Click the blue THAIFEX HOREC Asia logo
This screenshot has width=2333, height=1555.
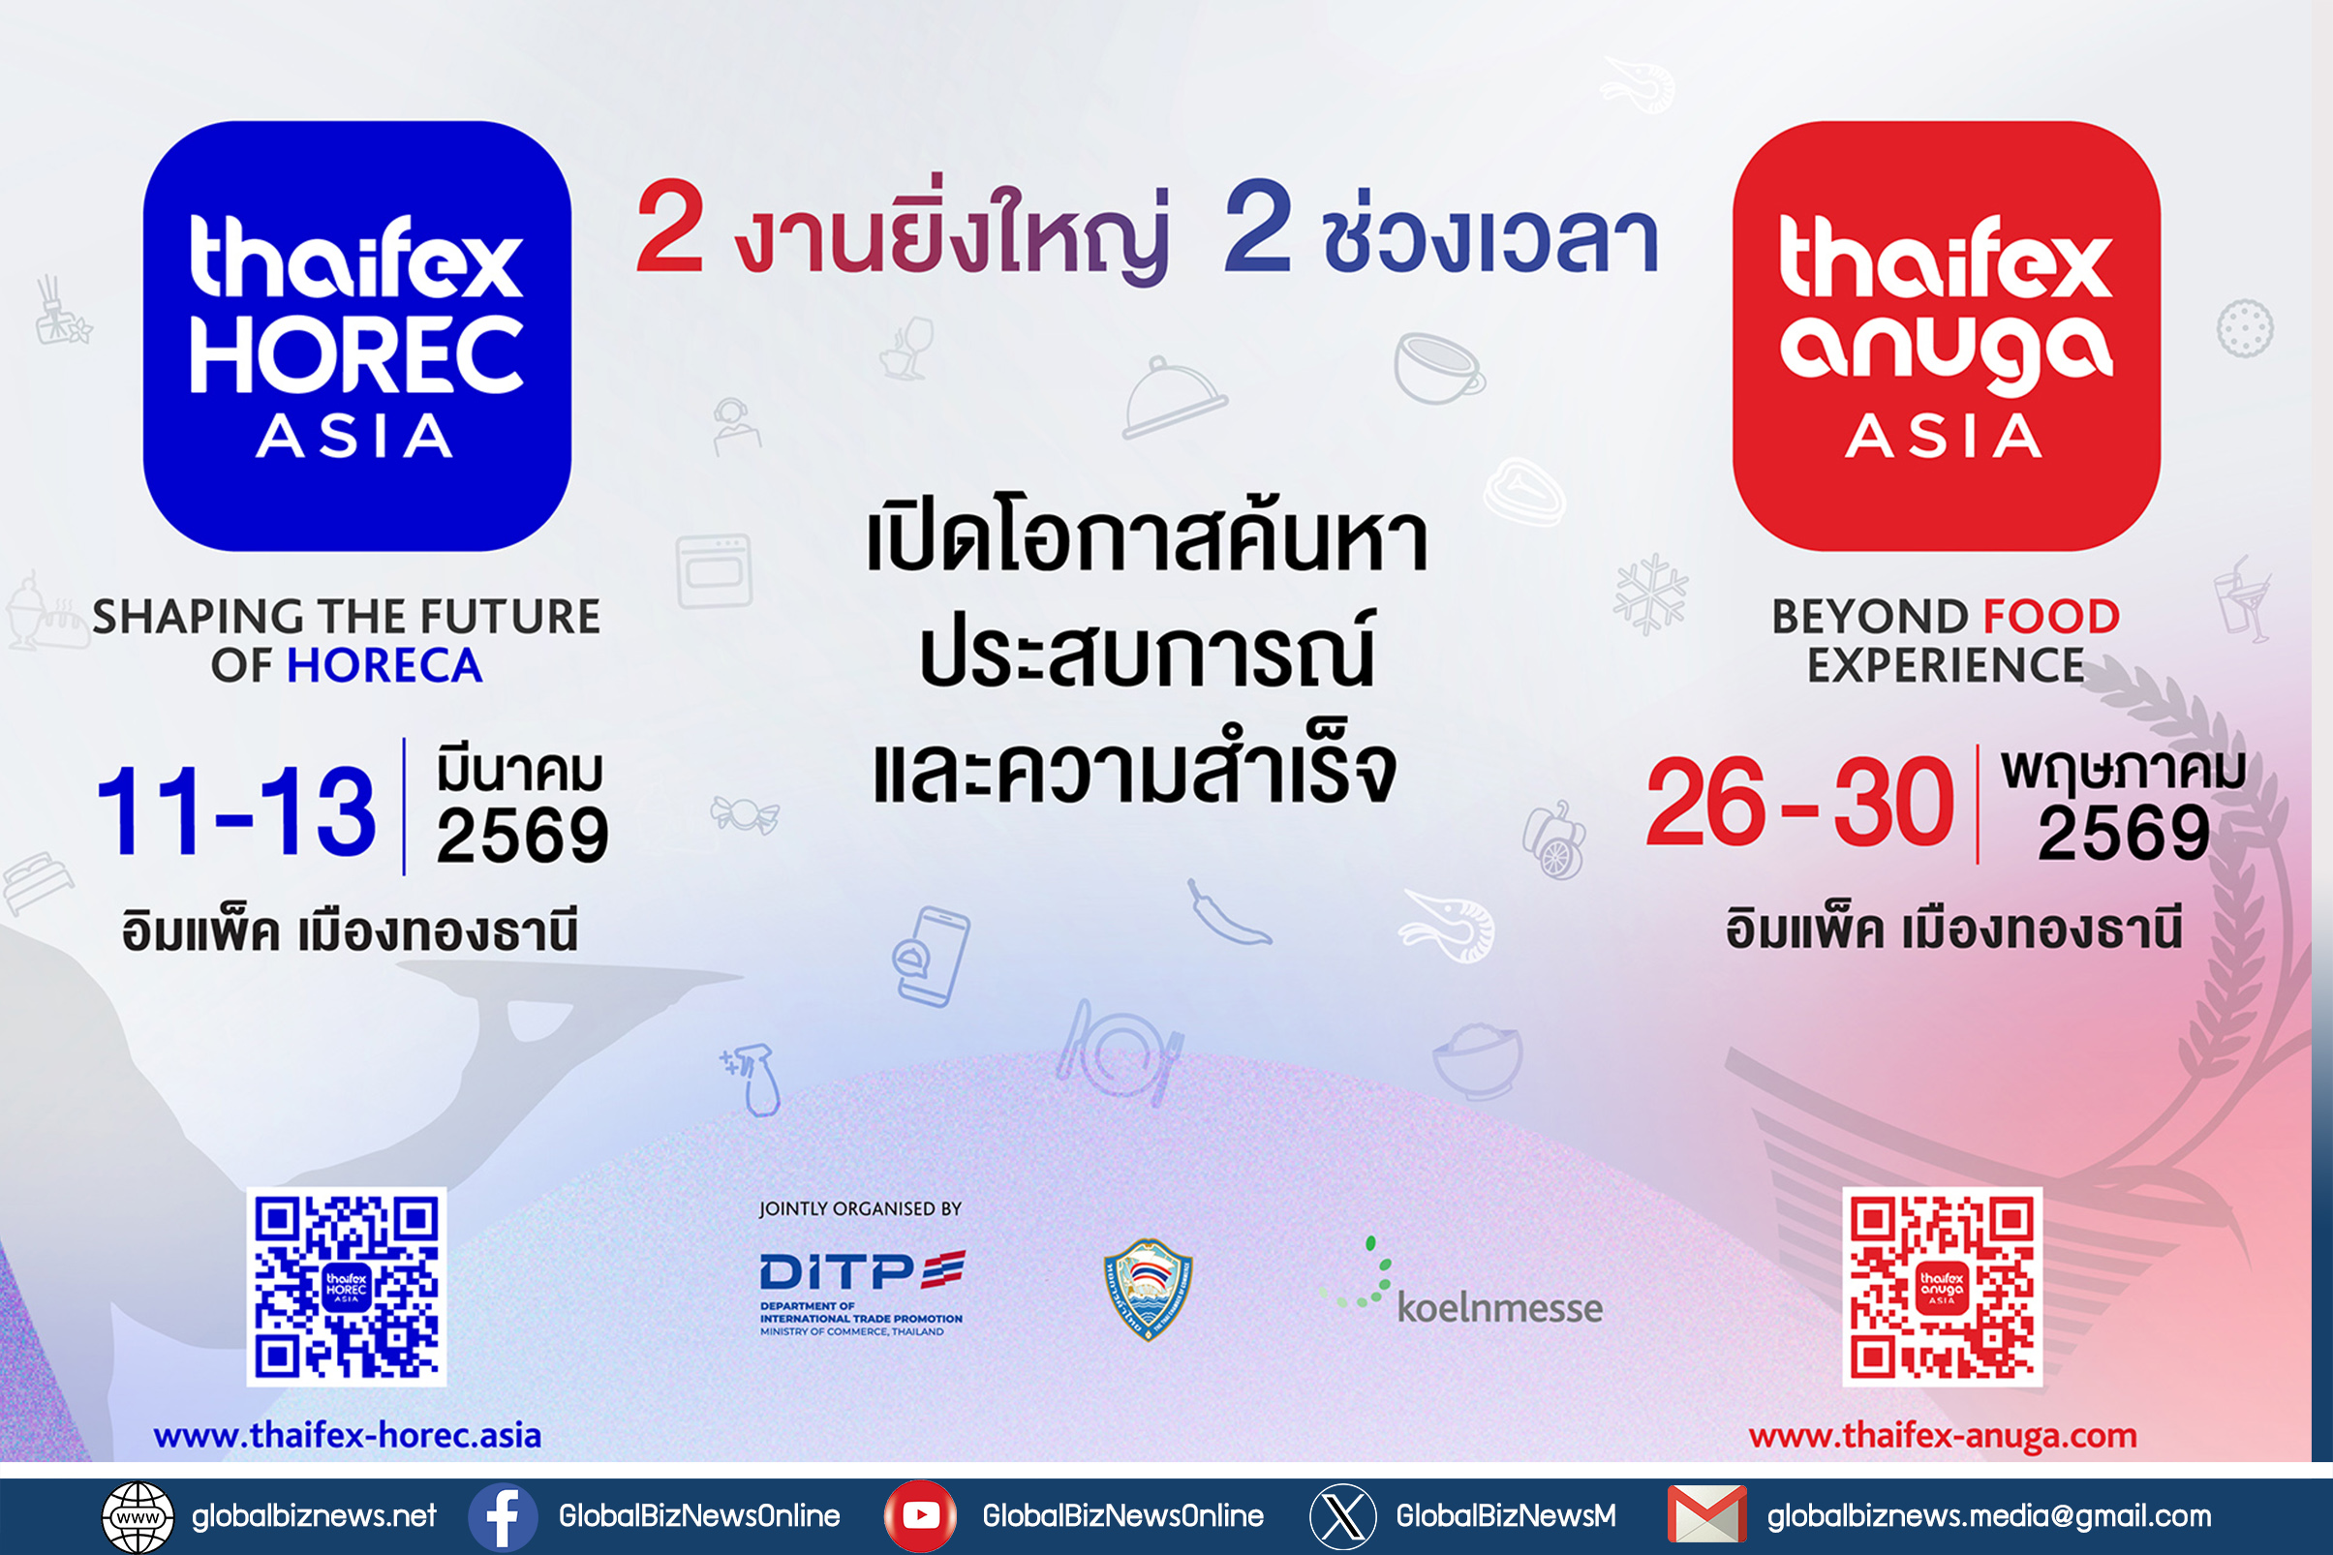click(357, 335)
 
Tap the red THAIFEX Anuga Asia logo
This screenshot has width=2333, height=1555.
click(1947, 335)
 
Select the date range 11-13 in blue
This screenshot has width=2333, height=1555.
click(235, 811)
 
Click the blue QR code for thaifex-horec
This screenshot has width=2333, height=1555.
click(346, 1286)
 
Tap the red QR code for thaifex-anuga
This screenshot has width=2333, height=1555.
click(1942, 1286)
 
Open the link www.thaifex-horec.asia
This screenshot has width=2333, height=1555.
click(347, 1435)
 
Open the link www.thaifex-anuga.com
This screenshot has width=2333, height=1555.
click(1942, 1435)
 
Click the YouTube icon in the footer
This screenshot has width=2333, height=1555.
click(920, 1516)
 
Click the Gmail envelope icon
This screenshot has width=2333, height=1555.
click(1707, 1515)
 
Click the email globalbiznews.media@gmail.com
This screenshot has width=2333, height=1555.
click(1989, 1516)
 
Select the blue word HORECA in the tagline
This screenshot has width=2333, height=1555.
click(384, 665)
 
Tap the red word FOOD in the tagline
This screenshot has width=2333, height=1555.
click(2050, 617)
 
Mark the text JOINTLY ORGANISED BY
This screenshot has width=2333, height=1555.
click(860, 1209)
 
